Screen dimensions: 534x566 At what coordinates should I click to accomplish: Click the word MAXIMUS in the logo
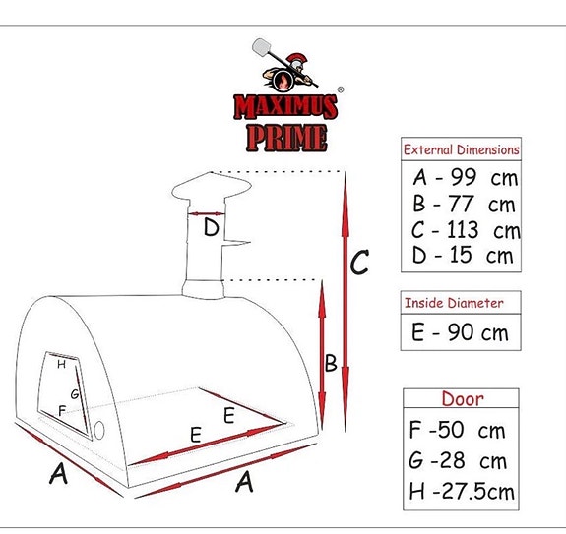click(284, 106)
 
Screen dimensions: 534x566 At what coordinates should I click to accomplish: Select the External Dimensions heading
click(462, 150)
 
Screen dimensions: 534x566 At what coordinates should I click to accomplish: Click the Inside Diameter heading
click(454, 303)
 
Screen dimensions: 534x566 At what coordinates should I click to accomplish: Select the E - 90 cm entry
click(460, 332)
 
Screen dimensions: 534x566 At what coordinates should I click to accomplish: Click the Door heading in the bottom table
click(462, 399)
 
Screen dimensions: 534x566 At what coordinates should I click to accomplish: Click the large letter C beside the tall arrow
click(360, 264)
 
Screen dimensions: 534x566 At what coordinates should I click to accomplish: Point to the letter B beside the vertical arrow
click(332, 364)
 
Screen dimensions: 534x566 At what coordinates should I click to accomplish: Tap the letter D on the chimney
click(212, 229)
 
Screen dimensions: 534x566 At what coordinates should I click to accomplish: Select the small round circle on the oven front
click(99, 429)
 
